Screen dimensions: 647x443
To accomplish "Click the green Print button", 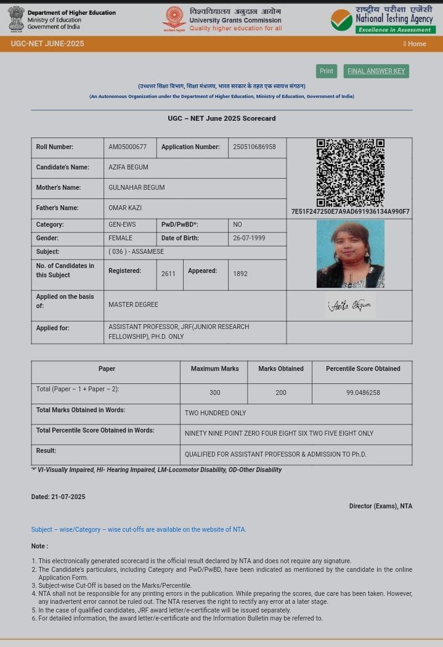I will pos(326,71).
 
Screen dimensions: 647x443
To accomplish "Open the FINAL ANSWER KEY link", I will pos(376,71).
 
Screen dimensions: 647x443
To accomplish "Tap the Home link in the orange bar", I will pos(415,44).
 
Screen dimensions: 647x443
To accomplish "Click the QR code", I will pos(350,173).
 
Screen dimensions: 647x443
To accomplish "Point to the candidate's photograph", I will pos(350,254).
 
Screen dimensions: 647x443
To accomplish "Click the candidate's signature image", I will pos(350,305).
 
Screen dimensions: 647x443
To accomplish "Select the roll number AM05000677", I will pos(128,147).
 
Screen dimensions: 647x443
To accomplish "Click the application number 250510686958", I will pos(254,147).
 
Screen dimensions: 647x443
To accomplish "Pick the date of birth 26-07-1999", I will pos(249,238).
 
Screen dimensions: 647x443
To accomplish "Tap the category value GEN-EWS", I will pos(122,225).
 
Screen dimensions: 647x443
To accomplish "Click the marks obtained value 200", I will pos(280,393).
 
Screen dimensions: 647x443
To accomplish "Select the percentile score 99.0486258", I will pos(363,393).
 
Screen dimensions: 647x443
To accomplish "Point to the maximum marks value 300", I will pos(214,393).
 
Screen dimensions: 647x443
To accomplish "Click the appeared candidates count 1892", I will pos(240,274).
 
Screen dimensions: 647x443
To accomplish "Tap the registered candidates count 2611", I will pos(168,274).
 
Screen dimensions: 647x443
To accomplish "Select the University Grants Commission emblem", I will pos(174,20).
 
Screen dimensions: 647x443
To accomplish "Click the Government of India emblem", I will pos(16,19).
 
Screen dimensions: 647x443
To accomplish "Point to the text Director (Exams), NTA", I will pos(380,507).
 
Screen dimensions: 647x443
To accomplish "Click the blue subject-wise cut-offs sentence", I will pos(139,529).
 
